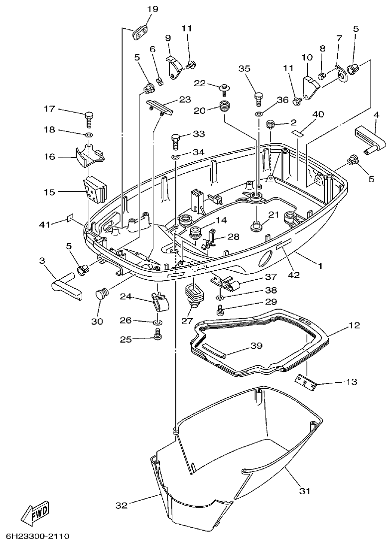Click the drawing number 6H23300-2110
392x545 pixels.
[x=38, y=537]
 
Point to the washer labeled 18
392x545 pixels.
[x=88, y=134]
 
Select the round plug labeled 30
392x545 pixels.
[x=102, y=294]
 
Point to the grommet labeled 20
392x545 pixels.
[x=226, y=106]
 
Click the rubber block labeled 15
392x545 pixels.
[x=94, y=190]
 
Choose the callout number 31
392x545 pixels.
[x=304, y=491]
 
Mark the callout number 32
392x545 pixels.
[x=122, y=505]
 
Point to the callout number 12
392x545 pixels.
[x=354, y=326]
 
